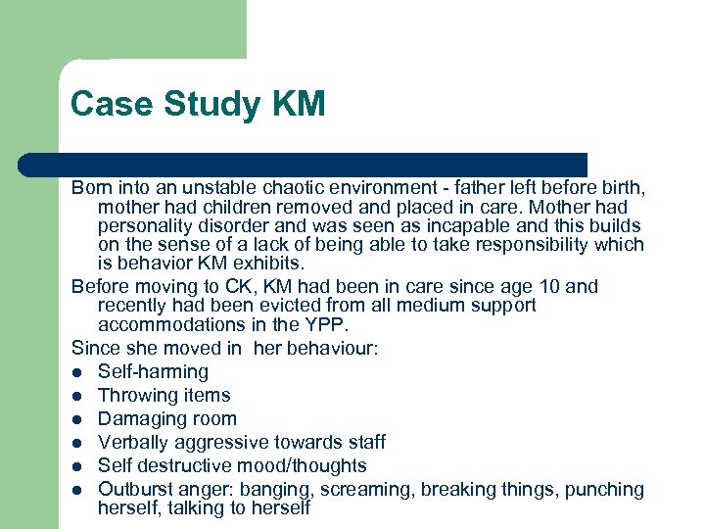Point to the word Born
(91, 188)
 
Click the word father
(436, 188)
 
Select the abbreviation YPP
(327, 324)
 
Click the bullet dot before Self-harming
(77, 372)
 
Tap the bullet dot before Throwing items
(77, 396)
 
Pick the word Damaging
(140, 419)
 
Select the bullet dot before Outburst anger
(77, 490)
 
